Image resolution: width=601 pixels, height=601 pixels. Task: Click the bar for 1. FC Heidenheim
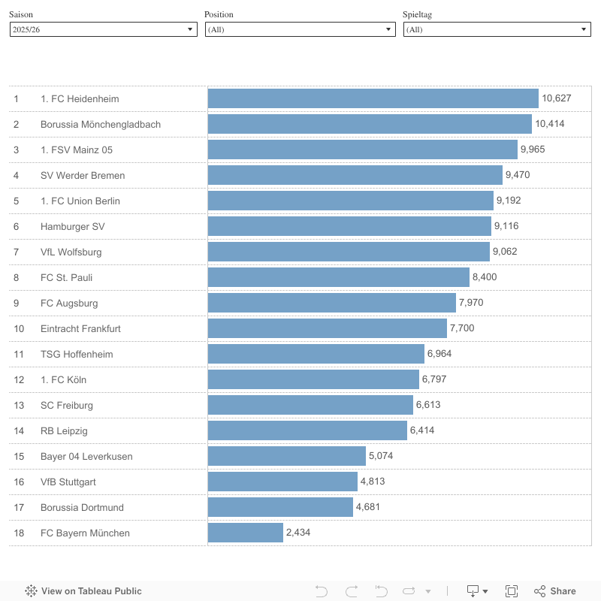(373, 98)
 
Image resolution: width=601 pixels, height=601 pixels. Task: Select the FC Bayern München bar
(246, 533)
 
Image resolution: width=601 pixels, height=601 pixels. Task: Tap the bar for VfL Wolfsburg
(349, 252)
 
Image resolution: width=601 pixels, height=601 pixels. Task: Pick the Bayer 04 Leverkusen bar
(287, 456)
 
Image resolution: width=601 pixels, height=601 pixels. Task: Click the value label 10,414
(549, 124)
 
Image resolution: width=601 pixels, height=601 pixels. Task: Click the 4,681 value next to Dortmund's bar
(367, 507)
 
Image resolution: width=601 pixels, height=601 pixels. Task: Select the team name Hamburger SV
(73, 226)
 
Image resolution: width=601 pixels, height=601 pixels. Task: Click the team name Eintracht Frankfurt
(80, 328)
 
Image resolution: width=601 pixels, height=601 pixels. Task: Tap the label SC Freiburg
(67, 405)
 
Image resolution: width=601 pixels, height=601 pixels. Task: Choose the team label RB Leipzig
(64, 430)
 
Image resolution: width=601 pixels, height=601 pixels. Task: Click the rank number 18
(19, 533)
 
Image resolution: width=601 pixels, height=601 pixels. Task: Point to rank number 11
(19, 354)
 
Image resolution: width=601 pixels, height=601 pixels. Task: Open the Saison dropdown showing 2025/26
(103, 29)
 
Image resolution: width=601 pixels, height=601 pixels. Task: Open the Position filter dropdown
(300, 29)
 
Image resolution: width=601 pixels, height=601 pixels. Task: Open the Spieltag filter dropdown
(497, 29)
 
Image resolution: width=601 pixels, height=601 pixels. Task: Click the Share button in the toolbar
(555, 591)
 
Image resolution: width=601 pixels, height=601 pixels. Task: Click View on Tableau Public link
(83, 591)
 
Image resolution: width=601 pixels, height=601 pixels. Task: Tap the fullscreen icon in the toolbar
(512, 591)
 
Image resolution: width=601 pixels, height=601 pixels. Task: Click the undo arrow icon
(322, 591)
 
